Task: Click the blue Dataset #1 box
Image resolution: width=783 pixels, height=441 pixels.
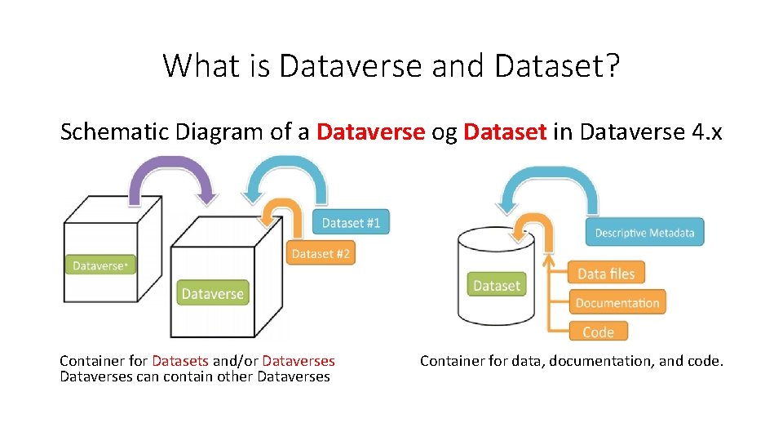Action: pyautogui.click(x=351, y=222)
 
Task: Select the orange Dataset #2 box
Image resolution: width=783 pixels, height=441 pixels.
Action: pyautogui.click(x=321, y=253)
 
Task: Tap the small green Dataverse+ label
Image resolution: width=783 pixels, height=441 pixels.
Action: pyautogui.click(x=100, y=265)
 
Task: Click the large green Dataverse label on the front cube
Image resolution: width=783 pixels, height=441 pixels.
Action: pyautogui.click(x=212, y=293)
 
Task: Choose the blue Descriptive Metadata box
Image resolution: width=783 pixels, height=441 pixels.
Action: pyautogui.click(x=644, y=233)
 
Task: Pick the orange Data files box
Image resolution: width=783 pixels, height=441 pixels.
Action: pyautogui.click(x=605, y=273)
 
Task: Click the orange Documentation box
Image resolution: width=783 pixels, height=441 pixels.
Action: pyautogui.click(x=617, y=303)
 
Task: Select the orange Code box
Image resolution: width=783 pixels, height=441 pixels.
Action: pyautogui.click(x=598, y=332)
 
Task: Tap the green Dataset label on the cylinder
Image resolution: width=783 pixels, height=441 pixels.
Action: pyautogui.click(x=496, y=285)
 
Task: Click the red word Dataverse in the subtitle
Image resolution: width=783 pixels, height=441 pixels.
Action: pyautogui.click(x=370, y=131)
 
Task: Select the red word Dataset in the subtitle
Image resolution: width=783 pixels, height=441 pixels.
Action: pyautogui.click(x=504, y=131)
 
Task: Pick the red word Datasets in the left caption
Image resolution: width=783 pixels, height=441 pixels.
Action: pyautogui.click(x=180, y=361)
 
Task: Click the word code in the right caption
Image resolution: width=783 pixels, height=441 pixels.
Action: pyautogui.click(x=705, y=361)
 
